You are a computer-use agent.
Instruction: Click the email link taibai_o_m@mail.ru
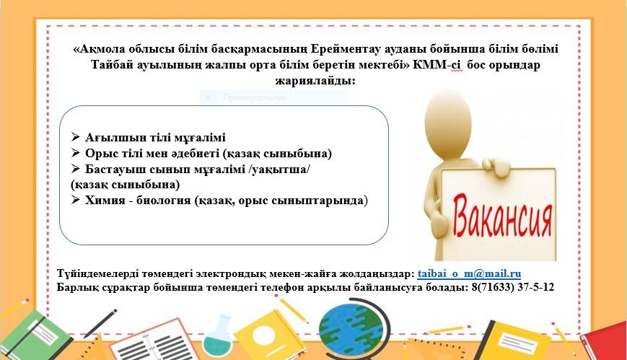click(469, 274)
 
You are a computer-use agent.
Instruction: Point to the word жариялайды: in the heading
click(315, 80)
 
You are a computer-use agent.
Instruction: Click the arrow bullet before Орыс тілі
click(76, 153)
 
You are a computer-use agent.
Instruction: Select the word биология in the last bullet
click(164, 200)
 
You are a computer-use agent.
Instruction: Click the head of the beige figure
click(448, 116)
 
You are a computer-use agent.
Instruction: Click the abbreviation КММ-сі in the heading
click(437, 65)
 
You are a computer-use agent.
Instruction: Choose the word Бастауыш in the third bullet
click(115, 170)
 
